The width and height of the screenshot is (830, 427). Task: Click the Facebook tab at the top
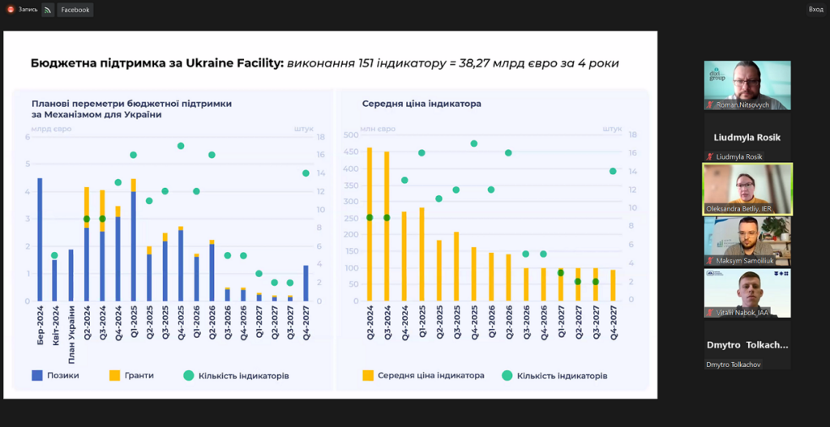(75, 10)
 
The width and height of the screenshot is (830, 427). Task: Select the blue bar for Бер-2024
(40, 239)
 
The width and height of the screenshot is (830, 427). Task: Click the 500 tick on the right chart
(352, 135)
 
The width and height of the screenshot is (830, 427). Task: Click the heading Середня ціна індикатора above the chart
(421, 104)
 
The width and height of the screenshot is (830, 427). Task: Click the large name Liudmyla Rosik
(747, 137)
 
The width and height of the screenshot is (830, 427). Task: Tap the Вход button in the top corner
(815, 9)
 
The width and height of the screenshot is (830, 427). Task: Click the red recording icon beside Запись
(11, 10)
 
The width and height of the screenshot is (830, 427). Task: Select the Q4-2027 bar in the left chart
(306, 283)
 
